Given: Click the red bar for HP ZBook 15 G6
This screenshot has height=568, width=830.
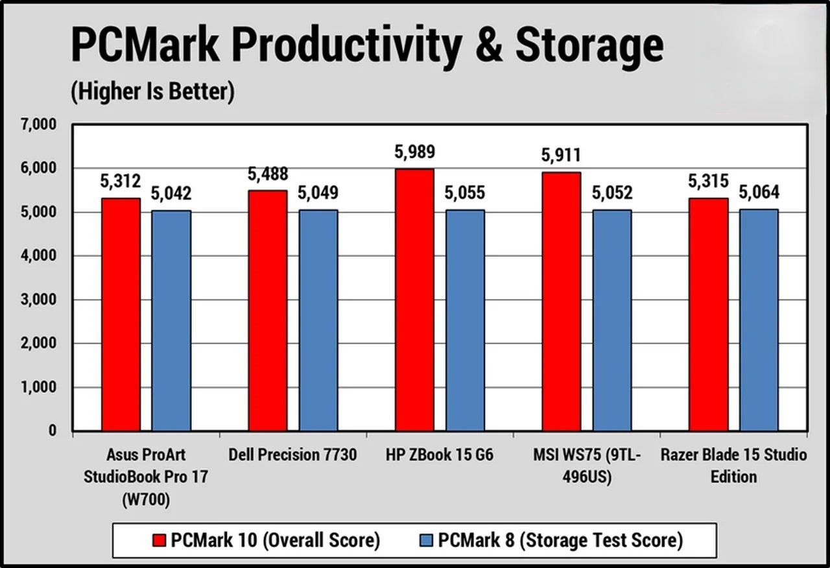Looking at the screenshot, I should point(414,300).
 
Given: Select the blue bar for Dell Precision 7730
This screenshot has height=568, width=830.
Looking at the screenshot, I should point(318,320).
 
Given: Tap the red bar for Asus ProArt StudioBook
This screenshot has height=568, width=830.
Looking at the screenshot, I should point(121,314).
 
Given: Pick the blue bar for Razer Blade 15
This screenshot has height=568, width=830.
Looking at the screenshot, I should point(759,320).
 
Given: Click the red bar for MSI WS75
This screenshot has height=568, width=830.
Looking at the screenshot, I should point(561,302).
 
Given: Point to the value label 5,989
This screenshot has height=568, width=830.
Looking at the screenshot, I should point(414,152).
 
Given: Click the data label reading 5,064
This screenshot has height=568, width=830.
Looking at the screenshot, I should point(759,193).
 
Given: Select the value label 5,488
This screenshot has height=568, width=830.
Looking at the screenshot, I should point(268,174).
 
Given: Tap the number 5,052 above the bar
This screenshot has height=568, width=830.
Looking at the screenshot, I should point(612,193).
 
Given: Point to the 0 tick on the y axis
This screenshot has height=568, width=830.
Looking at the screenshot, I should point(53,431).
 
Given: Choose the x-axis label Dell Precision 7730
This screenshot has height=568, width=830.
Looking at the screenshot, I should point(292,455).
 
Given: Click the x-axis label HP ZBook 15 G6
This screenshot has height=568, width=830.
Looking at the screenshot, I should point(439,455).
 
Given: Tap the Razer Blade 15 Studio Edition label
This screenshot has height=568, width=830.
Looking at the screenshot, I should point(733,466).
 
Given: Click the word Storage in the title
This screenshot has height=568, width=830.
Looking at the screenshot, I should point(589,47).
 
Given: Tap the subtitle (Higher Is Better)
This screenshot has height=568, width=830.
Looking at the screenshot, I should point(152,92).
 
